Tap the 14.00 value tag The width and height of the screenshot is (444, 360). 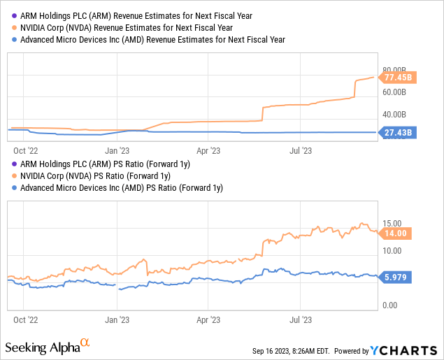(396, 233)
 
